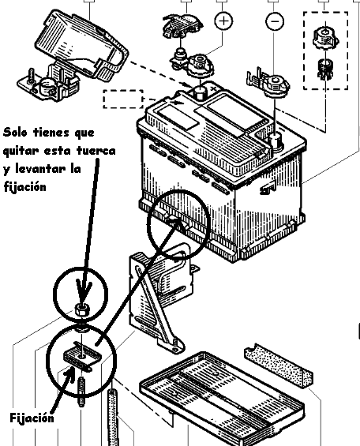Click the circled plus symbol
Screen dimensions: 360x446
(223, 21)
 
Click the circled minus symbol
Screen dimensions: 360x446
(275, 21)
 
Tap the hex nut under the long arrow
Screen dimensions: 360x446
(82, 309)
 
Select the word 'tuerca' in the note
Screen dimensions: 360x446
(96, 151)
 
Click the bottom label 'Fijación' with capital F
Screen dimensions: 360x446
(32, 418)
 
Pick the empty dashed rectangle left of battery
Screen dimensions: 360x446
(123, 99)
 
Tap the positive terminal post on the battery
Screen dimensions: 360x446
(201, 92)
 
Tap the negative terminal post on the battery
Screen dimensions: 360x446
(275, 141)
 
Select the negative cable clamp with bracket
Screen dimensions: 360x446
(268, 82)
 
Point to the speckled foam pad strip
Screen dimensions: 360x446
(279, 365)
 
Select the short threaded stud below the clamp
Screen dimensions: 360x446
(81, 391)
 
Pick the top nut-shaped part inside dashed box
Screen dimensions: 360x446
(325, 38)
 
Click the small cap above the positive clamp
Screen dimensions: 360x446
(182, 26)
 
